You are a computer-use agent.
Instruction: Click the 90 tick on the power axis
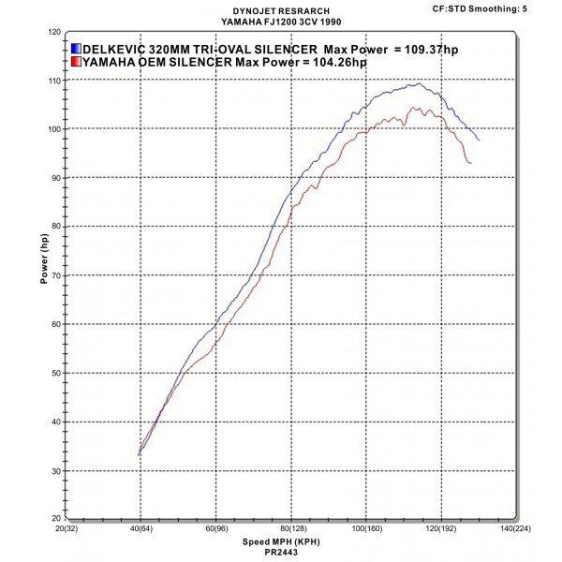click(54, 178)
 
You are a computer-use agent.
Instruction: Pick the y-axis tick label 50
click(54, 373)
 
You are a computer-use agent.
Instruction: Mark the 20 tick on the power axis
click(54, 519)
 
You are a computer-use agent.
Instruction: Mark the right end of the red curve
click(470, 163)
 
